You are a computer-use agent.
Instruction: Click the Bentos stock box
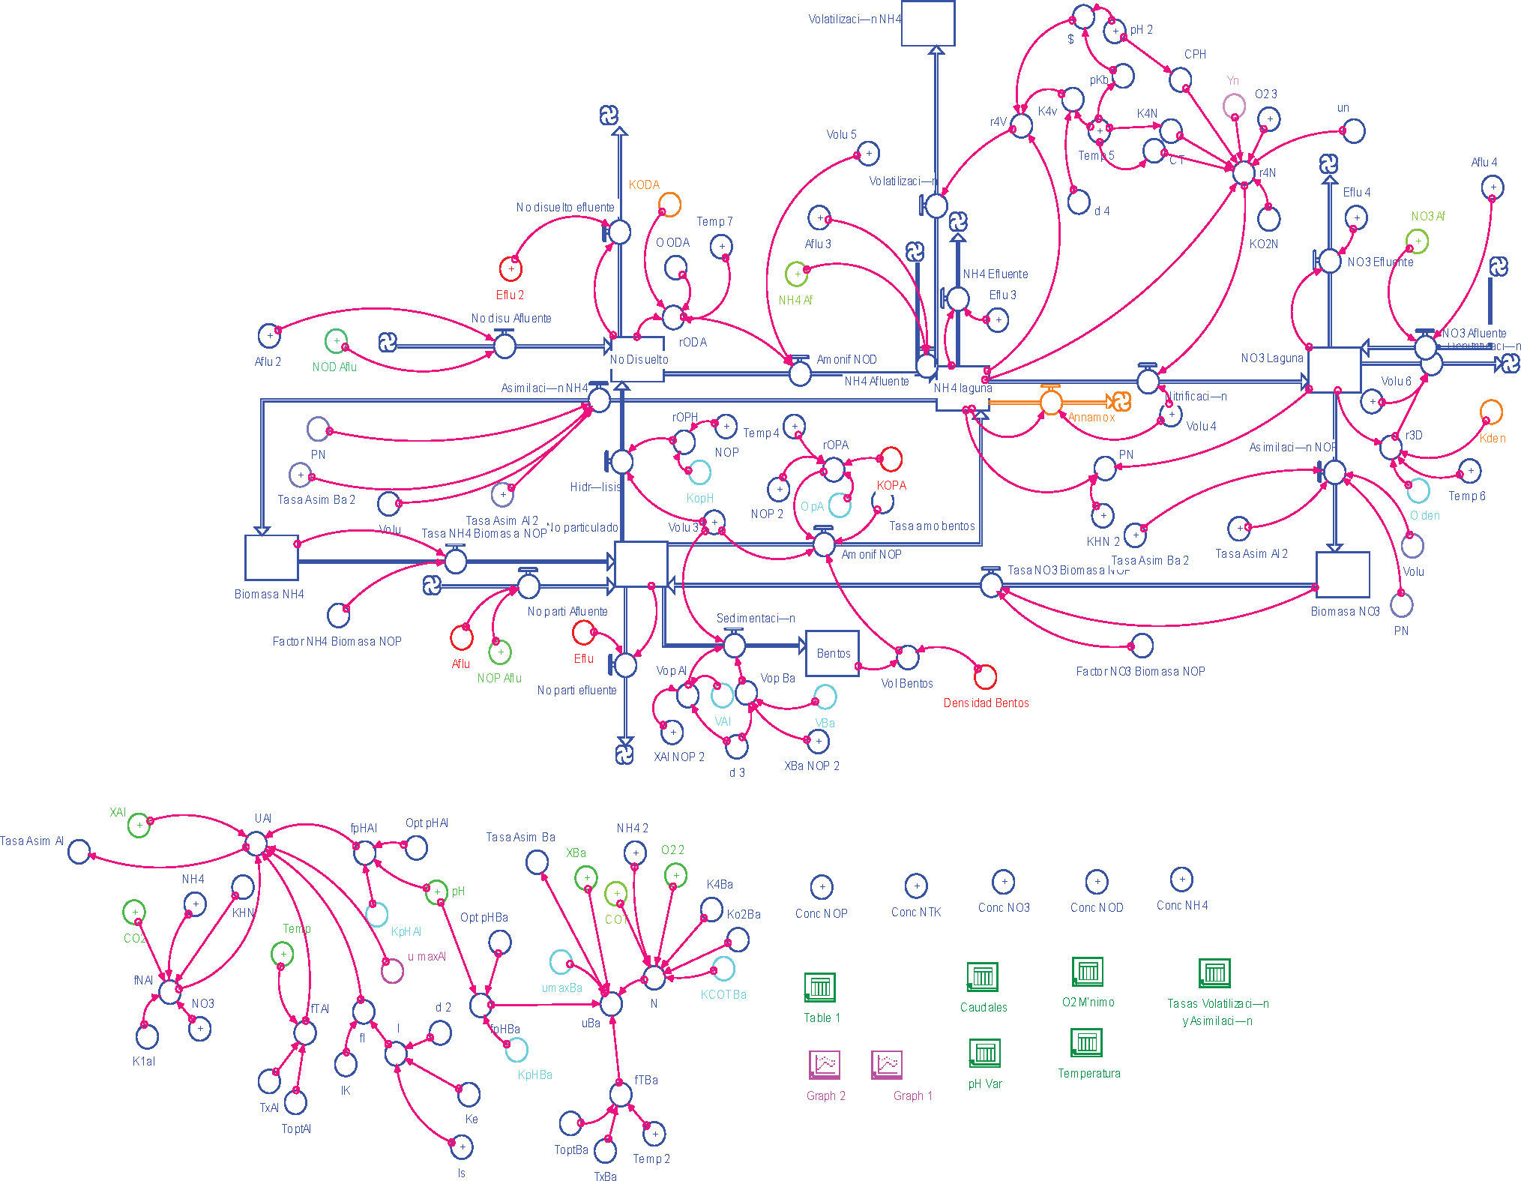coord(832,653)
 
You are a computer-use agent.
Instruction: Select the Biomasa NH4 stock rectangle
coord(271,558)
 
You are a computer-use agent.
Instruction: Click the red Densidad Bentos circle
coord(985,677)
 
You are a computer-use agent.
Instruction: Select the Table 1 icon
coord(820,987)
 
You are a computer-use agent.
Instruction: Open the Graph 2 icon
coord(825,1064)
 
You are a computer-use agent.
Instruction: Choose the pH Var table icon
coord(985,1053)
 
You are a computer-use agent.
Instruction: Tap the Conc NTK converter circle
coord(916,886)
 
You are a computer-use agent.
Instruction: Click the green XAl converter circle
coord(139,826)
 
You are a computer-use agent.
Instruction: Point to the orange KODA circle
coord(669,204)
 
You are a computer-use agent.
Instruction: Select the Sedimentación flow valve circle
coord(734,644)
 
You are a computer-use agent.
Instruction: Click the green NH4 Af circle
coord(796,274)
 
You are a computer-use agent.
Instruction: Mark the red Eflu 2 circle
coord(510,268)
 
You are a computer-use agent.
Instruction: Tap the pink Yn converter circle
coord(1235,106)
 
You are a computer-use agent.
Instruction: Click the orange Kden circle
coord(1491,412)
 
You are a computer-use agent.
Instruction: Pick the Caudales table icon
coord(982,976)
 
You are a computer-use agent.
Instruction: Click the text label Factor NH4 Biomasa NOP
coord(337,641)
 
